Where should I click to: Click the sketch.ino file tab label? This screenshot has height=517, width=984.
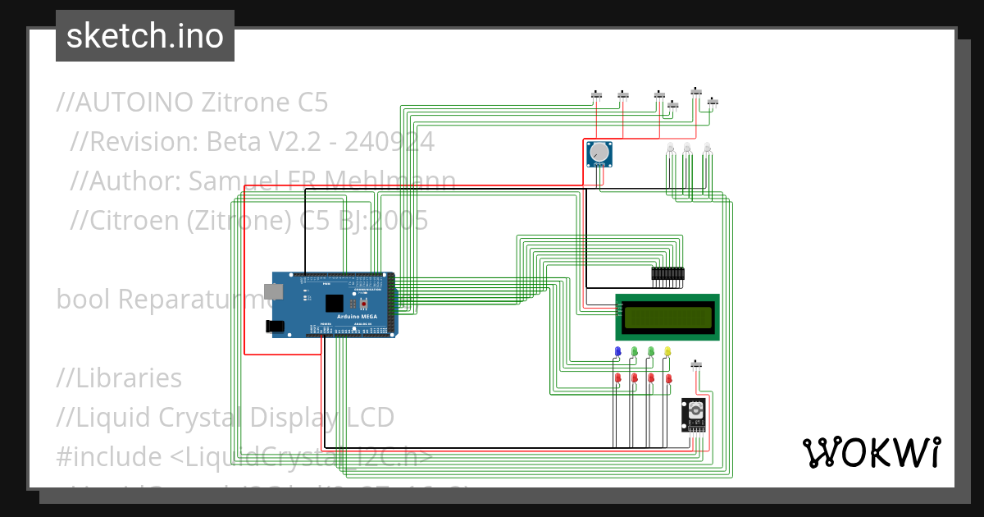pos(144,36)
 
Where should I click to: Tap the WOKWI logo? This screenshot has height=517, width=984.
pos(871,452)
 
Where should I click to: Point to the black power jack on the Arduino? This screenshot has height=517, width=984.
pos(276,326)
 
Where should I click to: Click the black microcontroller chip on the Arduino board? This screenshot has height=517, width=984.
pos(333,303)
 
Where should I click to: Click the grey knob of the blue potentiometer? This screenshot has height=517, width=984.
pos(599,152)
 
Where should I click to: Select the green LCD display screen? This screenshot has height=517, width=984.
pos(667,317)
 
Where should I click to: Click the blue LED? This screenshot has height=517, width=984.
pos(617,351)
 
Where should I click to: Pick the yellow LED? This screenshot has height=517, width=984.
pos(667,351)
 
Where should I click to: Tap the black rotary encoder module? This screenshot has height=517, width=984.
pos(694,414)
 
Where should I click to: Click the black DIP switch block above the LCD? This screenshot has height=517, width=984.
pos(667,275)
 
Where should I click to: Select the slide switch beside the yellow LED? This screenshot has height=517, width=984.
pos(697,364)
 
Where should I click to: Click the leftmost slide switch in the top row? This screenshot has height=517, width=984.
pos(597,97)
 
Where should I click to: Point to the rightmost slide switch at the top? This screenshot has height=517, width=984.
pos(713,102)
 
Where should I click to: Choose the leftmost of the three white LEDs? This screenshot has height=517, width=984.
pos(670,148)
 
